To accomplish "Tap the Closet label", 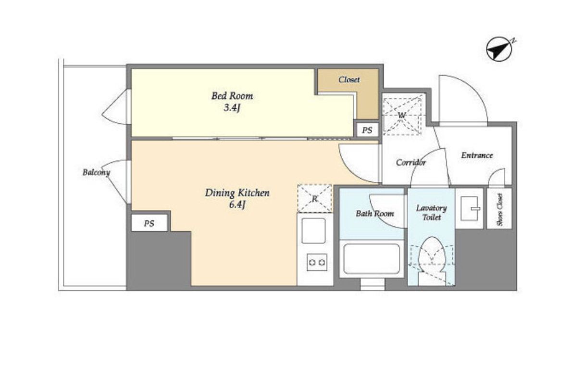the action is (x=349, y=79).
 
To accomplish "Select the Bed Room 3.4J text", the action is (x=232, y=102).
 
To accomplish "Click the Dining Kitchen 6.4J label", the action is (x=237, y=198).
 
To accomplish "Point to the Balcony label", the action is (x=96, y=172).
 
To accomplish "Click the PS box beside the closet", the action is (x=367, y=130).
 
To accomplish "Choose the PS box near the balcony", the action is (x=149, y=223).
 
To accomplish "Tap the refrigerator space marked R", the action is (x=315, y=199).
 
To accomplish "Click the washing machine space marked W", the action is (x=401, y=115).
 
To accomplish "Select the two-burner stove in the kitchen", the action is (x=317, y=262).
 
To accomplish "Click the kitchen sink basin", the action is (x=313, y=230).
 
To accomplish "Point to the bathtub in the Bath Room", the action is (x=371, y=258).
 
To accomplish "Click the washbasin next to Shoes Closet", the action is (x=470, y=208).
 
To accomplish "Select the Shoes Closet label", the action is (x=499, y=209).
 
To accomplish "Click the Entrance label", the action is (x=477, y=155).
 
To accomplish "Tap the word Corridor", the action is (x=411, y=162).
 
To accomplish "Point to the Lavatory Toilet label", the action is (x=432, y=213).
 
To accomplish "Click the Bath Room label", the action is (x=374, y=213).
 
